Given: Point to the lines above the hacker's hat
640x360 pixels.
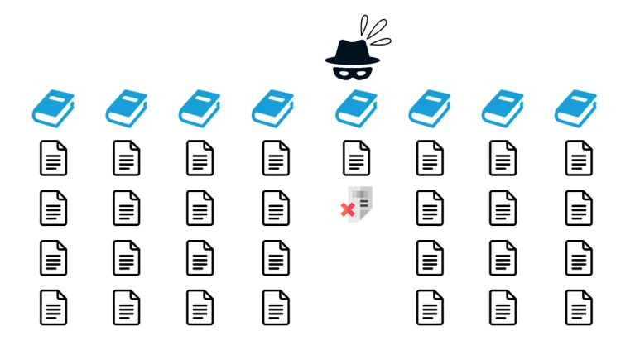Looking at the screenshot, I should (378, 31).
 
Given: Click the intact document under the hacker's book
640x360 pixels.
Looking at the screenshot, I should (356, 157).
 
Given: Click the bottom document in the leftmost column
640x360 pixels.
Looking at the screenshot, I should (53, 307).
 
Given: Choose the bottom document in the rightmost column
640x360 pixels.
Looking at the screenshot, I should (579, 307).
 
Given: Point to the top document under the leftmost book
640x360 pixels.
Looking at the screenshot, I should (53, 157).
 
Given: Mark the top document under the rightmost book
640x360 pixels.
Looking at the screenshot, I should (579, 157).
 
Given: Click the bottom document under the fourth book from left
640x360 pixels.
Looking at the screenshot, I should (276, 307).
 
